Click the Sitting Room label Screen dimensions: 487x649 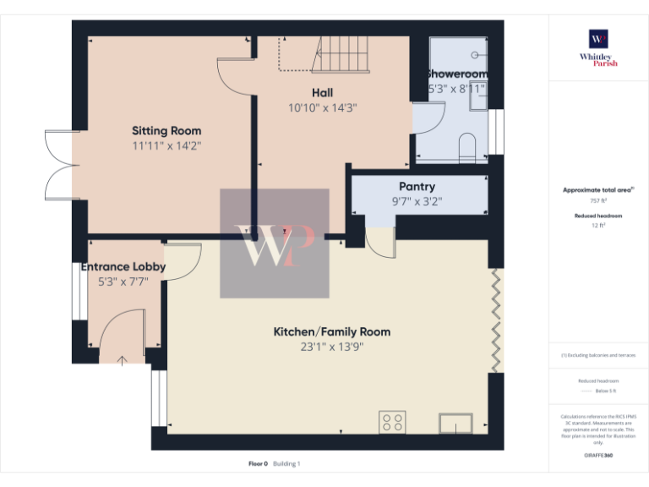click(x=166, y=131)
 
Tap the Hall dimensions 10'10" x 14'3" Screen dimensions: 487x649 click(x=322, y=107)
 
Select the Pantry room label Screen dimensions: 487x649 click(x=417, y=187)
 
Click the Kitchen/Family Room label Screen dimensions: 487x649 click(x=331, y=331)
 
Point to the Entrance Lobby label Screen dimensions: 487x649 click(x=123, y=267)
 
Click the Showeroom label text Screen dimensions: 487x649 click(x=457, y=74)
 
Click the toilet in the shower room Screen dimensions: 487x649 click(x=466, y=147)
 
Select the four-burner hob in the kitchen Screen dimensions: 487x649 click(x=391, y=422)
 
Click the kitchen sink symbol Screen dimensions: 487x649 click(x=455, y=422)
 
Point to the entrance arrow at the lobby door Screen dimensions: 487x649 click(x=122, y=360)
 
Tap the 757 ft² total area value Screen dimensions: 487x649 click(x=598, y=201)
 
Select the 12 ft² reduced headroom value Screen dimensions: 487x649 click(x=598, y=226)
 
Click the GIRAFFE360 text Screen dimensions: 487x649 click(x=598, y=456)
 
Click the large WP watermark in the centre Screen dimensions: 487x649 click(x=275, y=243)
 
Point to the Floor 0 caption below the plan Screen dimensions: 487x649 click(x=258, y=463)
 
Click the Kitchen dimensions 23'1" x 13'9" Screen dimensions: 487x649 click(x=331, y=347)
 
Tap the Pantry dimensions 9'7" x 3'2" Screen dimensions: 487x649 click(x=417, y=201)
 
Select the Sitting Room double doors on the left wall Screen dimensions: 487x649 click(x=59, y=164)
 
